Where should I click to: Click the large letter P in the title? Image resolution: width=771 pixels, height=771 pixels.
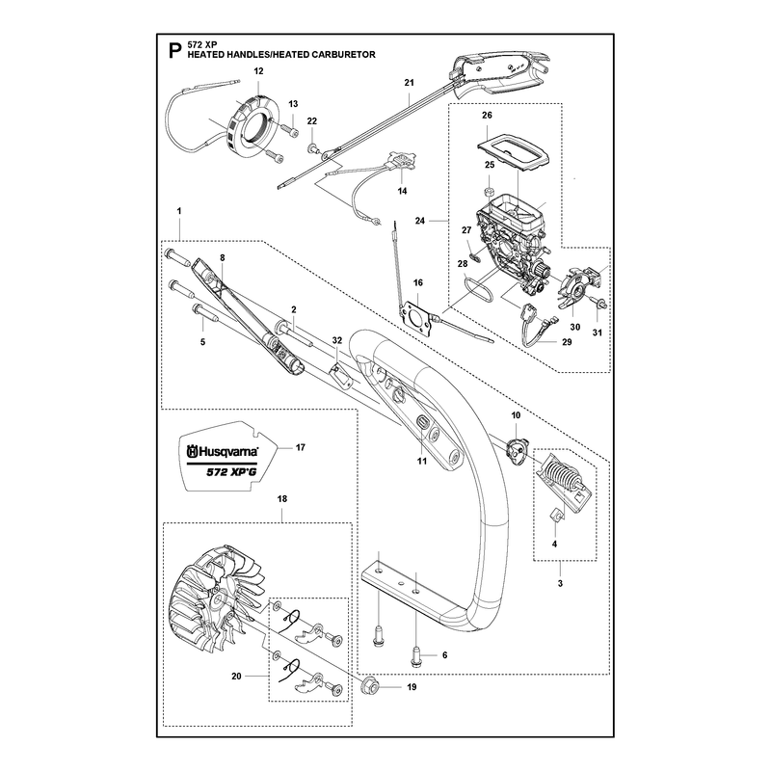[175, 51]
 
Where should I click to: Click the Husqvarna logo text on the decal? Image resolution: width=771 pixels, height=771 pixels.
[223, 451]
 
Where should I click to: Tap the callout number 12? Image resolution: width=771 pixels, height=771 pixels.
[258, 71]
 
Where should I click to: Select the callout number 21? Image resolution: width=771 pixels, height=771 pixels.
[409, 83]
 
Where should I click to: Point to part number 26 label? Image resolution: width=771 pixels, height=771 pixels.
[487, 115]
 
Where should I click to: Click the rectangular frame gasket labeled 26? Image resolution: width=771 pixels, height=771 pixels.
[514, 152]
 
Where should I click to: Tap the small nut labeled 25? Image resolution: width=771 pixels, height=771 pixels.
[490, 191]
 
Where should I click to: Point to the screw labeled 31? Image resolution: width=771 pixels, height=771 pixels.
[599, 304]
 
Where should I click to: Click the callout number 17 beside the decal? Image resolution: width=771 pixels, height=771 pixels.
[300, 447]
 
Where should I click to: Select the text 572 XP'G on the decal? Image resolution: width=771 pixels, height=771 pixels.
[230, 472]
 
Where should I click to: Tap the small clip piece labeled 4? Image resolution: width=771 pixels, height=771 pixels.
[555, 516]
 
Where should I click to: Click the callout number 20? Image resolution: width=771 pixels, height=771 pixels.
[236, 677]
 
